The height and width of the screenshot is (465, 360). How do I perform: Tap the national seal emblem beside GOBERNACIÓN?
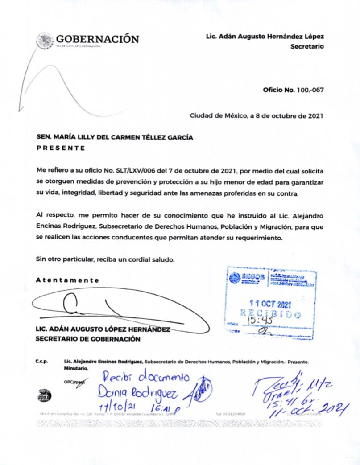[45, 40]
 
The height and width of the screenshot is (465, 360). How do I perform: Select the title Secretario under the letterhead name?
[307, 46]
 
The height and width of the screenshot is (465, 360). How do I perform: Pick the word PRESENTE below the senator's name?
[60, 148]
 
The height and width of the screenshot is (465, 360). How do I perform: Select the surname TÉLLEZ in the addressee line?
[136, 138]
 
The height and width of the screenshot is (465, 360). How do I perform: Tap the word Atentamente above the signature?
[67, 280]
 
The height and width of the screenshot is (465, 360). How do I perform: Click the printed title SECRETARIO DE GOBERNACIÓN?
[88, 338]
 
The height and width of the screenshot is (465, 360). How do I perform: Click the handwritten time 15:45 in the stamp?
[255, 319]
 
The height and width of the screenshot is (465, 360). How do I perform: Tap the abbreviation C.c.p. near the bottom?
[42, 362]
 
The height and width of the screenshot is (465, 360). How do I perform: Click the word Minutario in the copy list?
[76, 369]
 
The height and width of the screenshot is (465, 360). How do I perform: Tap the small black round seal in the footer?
[45, 395]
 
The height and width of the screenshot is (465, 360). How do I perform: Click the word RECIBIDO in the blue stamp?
[270, 313]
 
